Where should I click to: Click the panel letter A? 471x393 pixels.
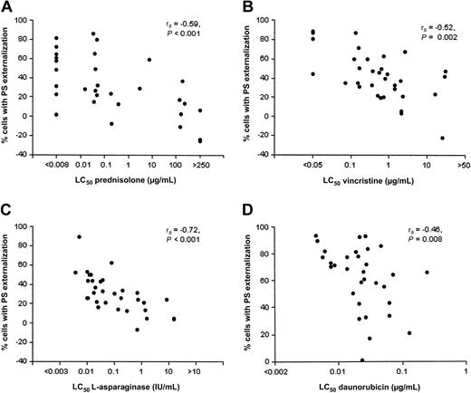[x=6, y=8]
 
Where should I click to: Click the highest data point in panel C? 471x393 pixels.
[x=79, y=237]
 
